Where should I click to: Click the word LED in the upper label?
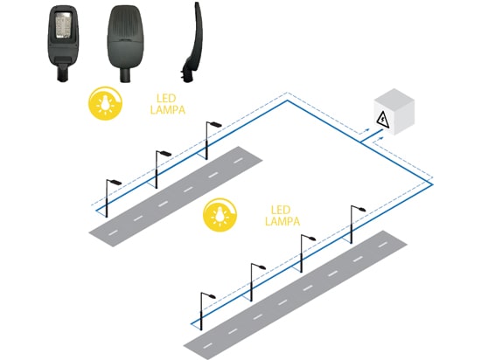[x=166, y=99]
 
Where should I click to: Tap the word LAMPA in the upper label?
[x=168, y=110]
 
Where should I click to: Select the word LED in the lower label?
[x=281, y=211]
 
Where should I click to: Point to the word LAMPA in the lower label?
[x=282, y=221]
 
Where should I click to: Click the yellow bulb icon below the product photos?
[x=105, y=103]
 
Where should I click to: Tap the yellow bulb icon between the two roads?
[x=220, y=214]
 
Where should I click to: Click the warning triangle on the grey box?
[x=382, y=120]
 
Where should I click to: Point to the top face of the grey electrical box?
[x=394, y=97]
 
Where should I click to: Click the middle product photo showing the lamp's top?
[x=125, y=43]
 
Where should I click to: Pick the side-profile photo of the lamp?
[x=193, y=42]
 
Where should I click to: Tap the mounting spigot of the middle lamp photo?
[x=125, y=75]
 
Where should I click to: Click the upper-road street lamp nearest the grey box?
[x=211, y=141]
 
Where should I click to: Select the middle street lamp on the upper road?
[x=160, y=170]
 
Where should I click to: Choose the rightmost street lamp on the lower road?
[x=355, y=225]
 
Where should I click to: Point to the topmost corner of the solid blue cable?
[x=288, y=100]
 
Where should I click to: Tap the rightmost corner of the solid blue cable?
[x=433, y=184]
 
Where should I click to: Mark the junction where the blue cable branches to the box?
[x=361, y=142]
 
